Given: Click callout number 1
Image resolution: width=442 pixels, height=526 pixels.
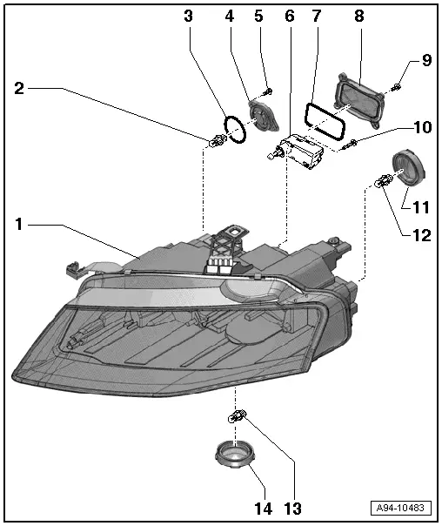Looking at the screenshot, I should click(20, 225).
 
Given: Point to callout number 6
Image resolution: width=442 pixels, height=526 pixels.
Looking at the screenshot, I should click(290, 16).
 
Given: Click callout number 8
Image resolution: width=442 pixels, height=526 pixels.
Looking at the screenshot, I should click(358, 16).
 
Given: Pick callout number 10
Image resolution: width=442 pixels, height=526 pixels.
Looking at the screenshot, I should click(420, 127).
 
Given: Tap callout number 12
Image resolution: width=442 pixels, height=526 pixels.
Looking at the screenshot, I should click(420, 233).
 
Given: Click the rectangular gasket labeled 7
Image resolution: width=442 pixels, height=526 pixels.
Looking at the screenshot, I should click(320, 120).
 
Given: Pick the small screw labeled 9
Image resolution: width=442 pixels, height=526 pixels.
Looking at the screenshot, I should click(397, 85).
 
